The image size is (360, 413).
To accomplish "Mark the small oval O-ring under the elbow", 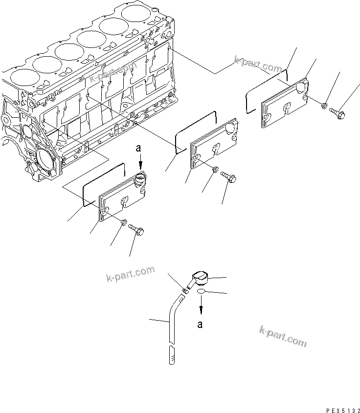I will (201, 293).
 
